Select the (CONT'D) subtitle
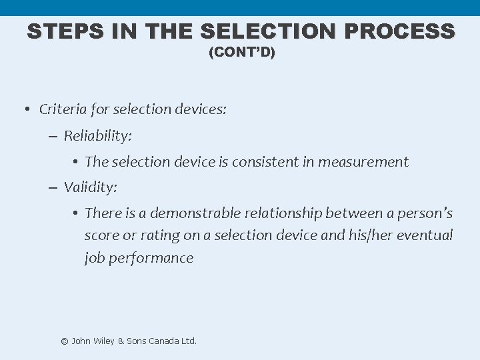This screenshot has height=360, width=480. (241, 52)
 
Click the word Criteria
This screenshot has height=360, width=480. (65, 109)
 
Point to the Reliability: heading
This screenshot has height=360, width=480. (98, 136)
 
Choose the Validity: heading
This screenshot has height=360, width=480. (91, 187)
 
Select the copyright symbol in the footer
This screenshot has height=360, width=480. (65, 341)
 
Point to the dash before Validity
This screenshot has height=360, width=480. (53, 187)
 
